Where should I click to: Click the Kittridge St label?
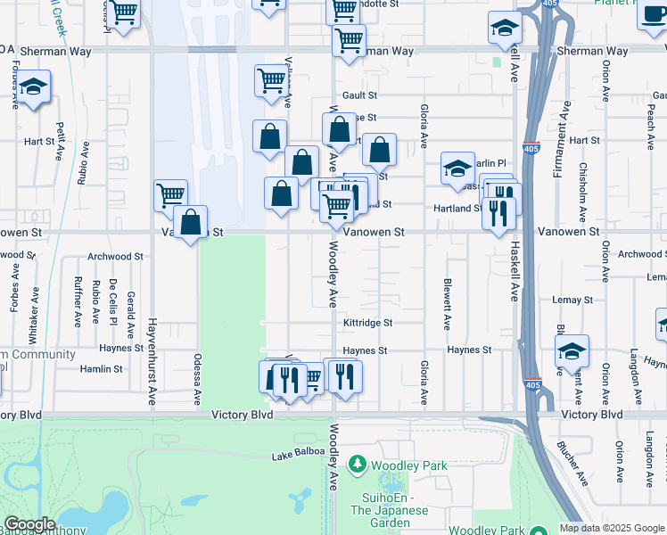coord(367,323)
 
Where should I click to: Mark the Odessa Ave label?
coord(198,379)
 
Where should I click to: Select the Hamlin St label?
coord(101,369)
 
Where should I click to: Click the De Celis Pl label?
coord(113,301)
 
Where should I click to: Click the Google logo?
coord(29,524)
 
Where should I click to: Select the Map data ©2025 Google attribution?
coord(612,528)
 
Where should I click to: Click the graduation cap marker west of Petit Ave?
coord(34,87)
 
